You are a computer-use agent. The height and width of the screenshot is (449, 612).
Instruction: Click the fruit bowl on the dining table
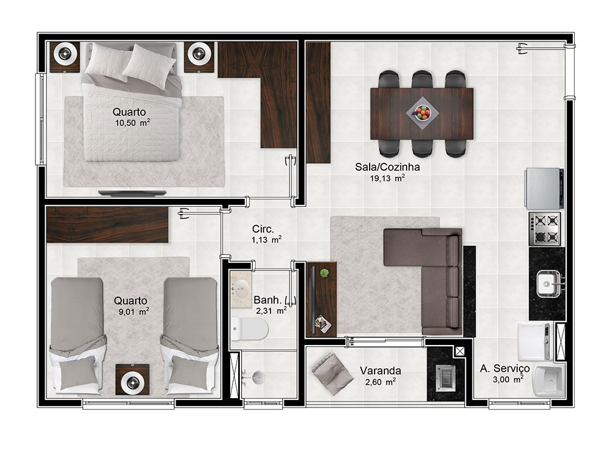coord(422,113)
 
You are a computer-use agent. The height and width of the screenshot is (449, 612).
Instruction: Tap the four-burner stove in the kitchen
coord(545,229)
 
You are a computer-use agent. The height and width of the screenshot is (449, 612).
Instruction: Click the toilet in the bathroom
coord(249,329)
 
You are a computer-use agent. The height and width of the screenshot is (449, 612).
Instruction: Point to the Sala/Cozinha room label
coord(387,167)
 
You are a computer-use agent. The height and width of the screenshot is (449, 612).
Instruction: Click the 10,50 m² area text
coord(132,123)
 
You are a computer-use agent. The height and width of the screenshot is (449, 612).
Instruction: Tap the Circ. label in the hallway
coord(263,229)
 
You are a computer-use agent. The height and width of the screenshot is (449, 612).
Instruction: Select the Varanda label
coord(380,371)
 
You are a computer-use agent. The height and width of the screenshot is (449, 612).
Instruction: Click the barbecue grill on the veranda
coord(446,377)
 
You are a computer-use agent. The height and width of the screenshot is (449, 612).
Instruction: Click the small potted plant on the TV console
coord(324,273)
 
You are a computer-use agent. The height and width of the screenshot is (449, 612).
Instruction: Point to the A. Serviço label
coord(505,369)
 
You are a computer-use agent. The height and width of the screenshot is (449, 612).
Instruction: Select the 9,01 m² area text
coord(133,312)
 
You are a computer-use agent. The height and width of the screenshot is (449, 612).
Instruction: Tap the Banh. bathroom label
coord(267,300)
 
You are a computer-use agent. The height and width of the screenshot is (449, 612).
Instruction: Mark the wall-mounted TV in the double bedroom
coord(132,193)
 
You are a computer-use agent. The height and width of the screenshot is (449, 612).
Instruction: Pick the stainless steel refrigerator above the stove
coord(544,188)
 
